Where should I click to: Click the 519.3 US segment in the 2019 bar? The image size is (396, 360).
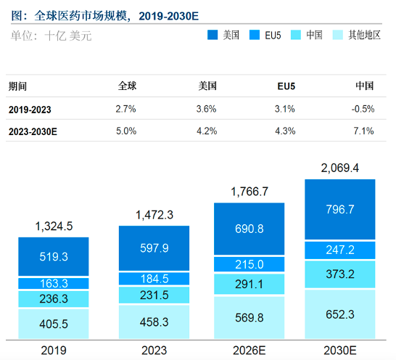[54, 257]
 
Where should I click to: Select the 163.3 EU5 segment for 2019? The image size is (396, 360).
[54, 284]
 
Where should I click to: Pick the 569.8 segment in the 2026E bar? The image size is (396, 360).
[249, 317]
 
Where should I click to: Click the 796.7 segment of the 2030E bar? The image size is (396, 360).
[340, 210]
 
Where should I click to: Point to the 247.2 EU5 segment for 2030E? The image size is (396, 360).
[340, 250]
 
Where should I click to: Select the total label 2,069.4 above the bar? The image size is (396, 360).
[340, 168]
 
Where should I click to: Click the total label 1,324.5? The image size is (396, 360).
[54, 226]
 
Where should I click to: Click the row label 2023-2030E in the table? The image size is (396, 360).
[34, 131]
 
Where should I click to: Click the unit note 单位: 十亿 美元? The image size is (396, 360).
[51, 35]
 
